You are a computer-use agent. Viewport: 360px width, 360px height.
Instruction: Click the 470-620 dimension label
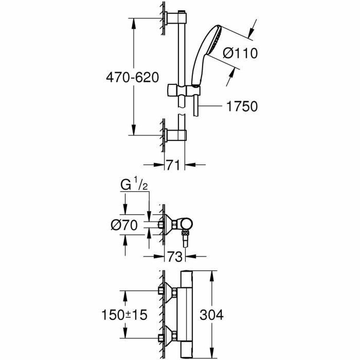(132, 78)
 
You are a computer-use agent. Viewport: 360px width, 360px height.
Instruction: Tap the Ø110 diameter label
(240, 53)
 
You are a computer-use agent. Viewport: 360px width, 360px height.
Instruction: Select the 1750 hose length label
(241, 106)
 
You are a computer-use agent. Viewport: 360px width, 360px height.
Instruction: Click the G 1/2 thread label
(134, 186)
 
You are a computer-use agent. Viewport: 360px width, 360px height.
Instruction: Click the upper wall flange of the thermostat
(170, 290)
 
